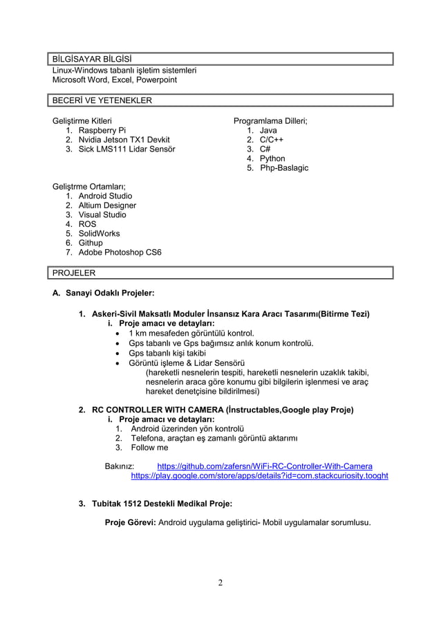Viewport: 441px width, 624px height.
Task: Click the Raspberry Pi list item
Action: click(102, 130)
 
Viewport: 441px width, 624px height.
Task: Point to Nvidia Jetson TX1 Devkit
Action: click(124, 140)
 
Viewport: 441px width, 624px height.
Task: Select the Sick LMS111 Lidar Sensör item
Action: click(126, 149)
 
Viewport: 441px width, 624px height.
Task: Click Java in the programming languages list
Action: click(268, 130)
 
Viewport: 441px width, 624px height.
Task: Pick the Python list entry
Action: click(272, 158)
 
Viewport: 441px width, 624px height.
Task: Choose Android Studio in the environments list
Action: click(105, 196)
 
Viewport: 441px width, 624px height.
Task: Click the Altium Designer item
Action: click(107, 205)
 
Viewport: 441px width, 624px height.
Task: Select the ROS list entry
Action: click(87, 224)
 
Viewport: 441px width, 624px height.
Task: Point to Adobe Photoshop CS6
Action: click(120, 253)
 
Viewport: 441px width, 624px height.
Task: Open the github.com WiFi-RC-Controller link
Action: click(265, 466)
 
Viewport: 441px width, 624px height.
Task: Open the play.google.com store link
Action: click(259, 476)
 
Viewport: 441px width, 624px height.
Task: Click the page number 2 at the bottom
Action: click(220, 582)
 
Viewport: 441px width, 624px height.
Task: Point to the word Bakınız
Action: click(120, 466)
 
